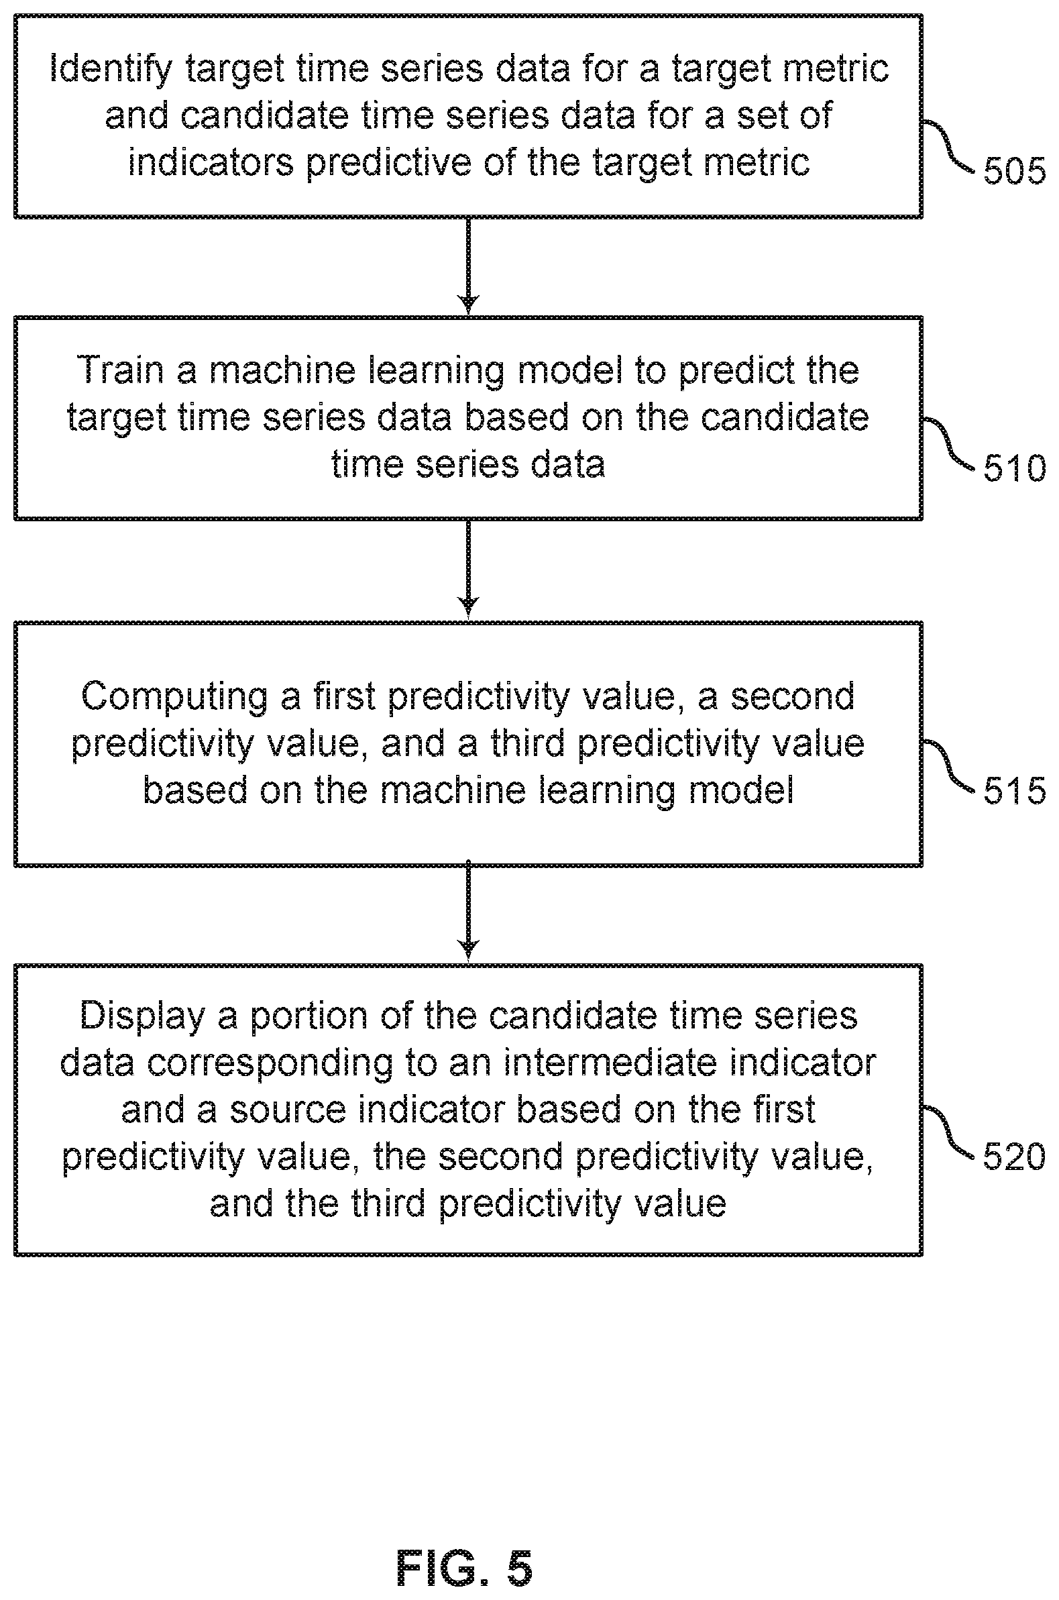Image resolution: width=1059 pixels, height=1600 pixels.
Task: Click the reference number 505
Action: (x=1014, y=170)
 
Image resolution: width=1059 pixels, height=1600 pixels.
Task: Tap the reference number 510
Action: (x=1014, y=468)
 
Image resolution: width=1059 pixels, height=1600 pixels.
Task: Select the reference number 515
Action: (x=1014, y=790)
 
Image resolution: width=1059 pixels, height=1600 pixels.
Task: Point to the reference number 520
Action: (x=1014, y=1157)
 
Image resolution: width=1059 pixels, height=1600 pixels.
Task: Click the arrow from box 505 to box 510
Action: (x=468, y=266)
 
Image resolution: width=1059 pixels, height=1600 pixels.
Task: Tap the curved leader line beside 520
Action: (x=948, y=1132)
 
